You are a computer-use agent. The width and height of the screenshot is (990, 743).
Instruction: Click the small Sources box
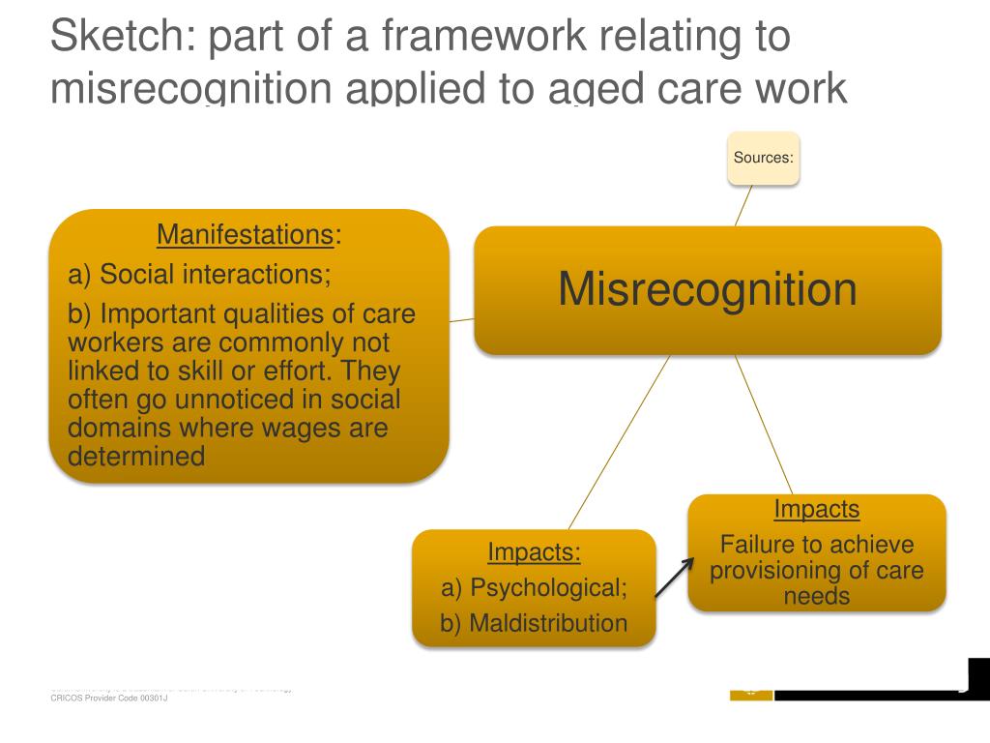[x=763, y=158]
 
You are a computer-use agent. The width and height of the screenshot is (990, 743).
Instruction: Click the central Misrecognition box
[x=707, y=289]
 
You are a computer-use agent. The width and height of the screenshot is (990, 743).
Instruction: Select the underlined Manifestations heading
[x=246, y=235]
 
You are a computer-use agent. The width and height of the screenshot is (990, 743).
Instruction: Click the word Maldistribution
[x=547, y=623]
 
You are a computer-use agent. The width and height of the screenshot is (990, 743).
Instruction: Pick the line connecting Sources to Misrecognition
[x=743, y=205]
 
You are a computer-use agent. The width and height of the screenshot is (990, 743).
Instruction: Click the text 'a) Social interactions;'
[x=199, y=275]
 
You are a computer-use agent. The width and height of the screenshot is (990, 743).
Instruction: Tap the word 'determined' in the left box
[x=136, y=456]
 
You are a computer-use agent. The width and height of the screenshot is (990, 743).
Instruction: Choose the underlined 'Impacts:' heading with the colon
[x=534, y=552]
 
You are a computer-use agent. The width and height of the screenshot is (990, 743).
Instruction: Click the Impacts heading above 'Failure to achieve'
[x=816, y=509]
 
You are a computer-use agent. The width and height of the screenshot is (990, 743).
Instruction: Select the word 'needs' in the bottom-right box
[x=817, y=596]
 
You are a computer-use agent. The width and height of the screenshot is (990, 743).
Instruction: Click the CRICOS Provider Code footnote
[x=109, y=698]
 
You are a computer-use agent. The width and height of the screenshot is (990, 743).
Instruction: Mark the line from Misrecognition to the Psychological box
[x=619, y=441]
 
